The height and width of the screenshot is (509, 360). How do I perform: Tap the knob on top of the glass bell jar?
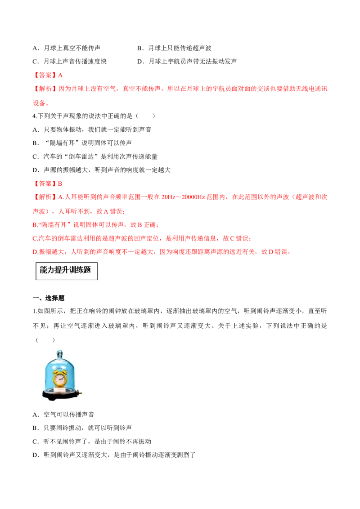click(60, 353)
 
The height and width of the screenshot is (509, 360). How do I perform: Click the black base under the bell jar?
click(61, 394)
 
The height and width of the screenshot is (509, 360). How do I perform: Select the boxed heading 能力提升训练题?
click(66, 271)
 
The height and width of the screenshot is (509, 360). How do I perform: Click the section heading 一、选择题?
click(49, 298)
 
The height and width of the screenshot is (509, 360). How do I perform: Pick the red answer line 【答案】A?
click(48, 75)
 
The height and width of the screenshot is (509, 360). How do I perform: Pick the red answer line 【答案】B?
click(48, 183)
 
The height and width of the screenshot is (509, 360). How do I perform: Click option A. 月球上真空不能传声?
click(67, 48)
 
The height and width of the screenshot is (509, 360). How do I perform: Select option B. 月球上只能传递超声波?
click(174, 48)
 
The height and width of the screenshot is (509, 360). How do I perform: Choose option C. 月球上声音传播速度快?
click(70, 61)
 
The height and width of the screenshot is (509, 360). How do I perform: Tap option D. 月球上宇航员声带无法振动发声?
click(187, 61)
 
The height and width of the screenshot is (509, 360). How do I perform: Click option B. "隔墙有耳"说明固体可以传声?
click(82, 143)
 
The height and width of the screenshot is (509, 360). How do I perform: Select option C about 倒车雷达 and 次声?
click(95, 156)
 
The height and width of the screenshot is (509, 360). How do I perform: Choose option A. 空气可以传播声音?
click(64, 414)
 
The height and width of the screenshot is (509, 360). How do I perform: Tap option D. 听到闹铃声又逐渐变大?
click(114, 455)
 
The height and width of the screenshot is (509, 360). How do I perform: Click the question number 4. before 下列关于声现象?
click(35, 116)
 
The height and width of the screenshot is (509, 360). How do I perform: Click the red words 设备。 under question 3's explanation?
click(41, 103)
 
